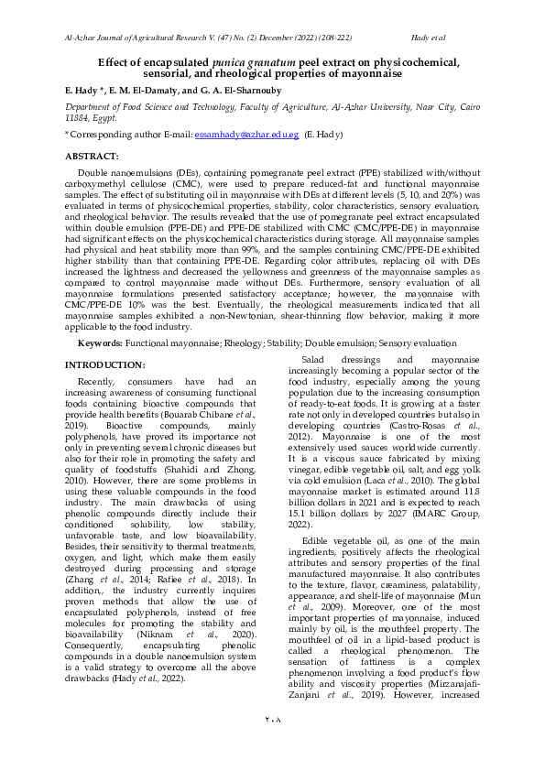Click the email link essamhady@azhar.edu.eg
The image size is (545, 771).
pos(246,134)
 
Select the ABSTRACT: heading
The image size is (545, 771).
pos(92,157)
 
